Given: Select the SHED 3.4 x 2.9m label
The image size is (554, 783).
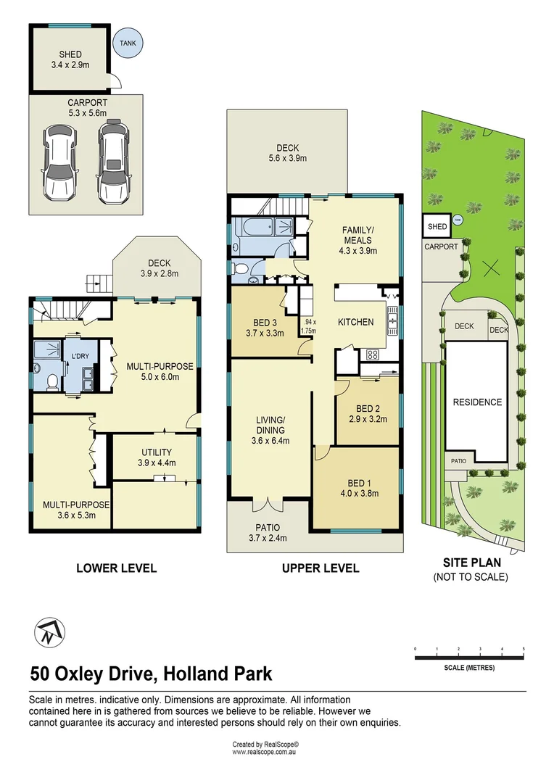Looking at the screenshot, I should [71, 59].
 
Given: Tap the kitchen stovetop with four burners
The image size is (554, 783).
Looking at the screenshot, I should [373, 355].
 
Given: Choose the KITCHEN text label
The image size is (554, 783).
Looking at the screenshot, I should [355, 322].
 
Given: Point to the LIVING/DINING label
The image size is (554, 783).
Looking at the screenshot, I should [269, 429].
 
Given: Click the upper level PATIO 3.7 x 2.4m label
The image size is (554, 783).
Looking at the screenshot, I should [268, 532].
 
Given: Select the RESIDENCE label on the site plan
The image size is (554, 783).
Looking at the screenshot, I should [476, 402].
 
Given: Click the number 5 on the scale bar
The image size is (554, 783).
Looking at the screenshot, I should [524, 648].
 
